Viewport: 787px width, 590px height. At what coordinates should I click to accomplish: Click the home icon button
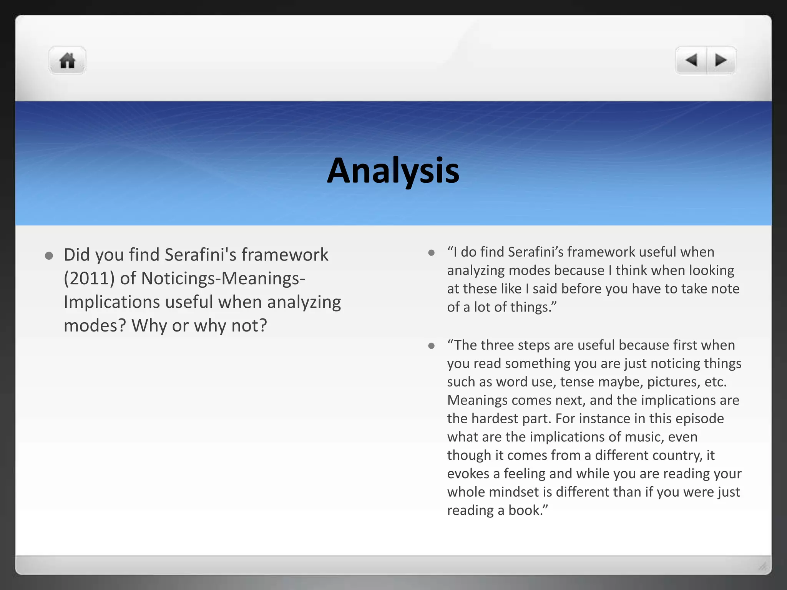coord(67,60)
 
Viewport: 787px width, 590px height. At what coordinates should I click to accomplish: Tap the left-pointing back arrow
coord(691,60)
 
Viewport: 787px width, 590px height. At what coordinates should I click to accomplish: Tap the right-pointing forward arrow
coord(721,60)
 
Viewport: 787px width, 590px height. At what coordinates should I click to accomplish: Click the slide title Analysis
coord(393,170)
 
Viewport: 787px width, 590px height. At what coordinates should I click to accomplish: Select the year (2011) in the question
coord(89,278)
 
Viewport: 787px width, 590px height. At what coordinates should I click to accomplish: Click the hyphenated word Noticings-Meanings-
coord(223,278)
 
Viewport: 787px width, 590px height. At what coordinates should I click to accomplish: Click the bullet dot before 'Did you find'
coord(49,256)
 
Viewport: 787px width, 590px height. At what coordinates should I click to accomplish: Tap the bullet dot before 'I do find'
coord(431,253)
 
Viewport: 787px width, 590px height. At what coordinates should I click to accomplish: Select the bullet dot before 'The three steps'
coord(431,346)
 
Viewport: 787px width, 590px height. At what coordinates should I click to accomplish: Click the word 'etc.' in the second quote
coord(715,382)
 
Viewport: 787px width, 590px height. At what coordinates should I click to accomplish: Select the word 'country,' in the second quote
coord(675,456)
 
